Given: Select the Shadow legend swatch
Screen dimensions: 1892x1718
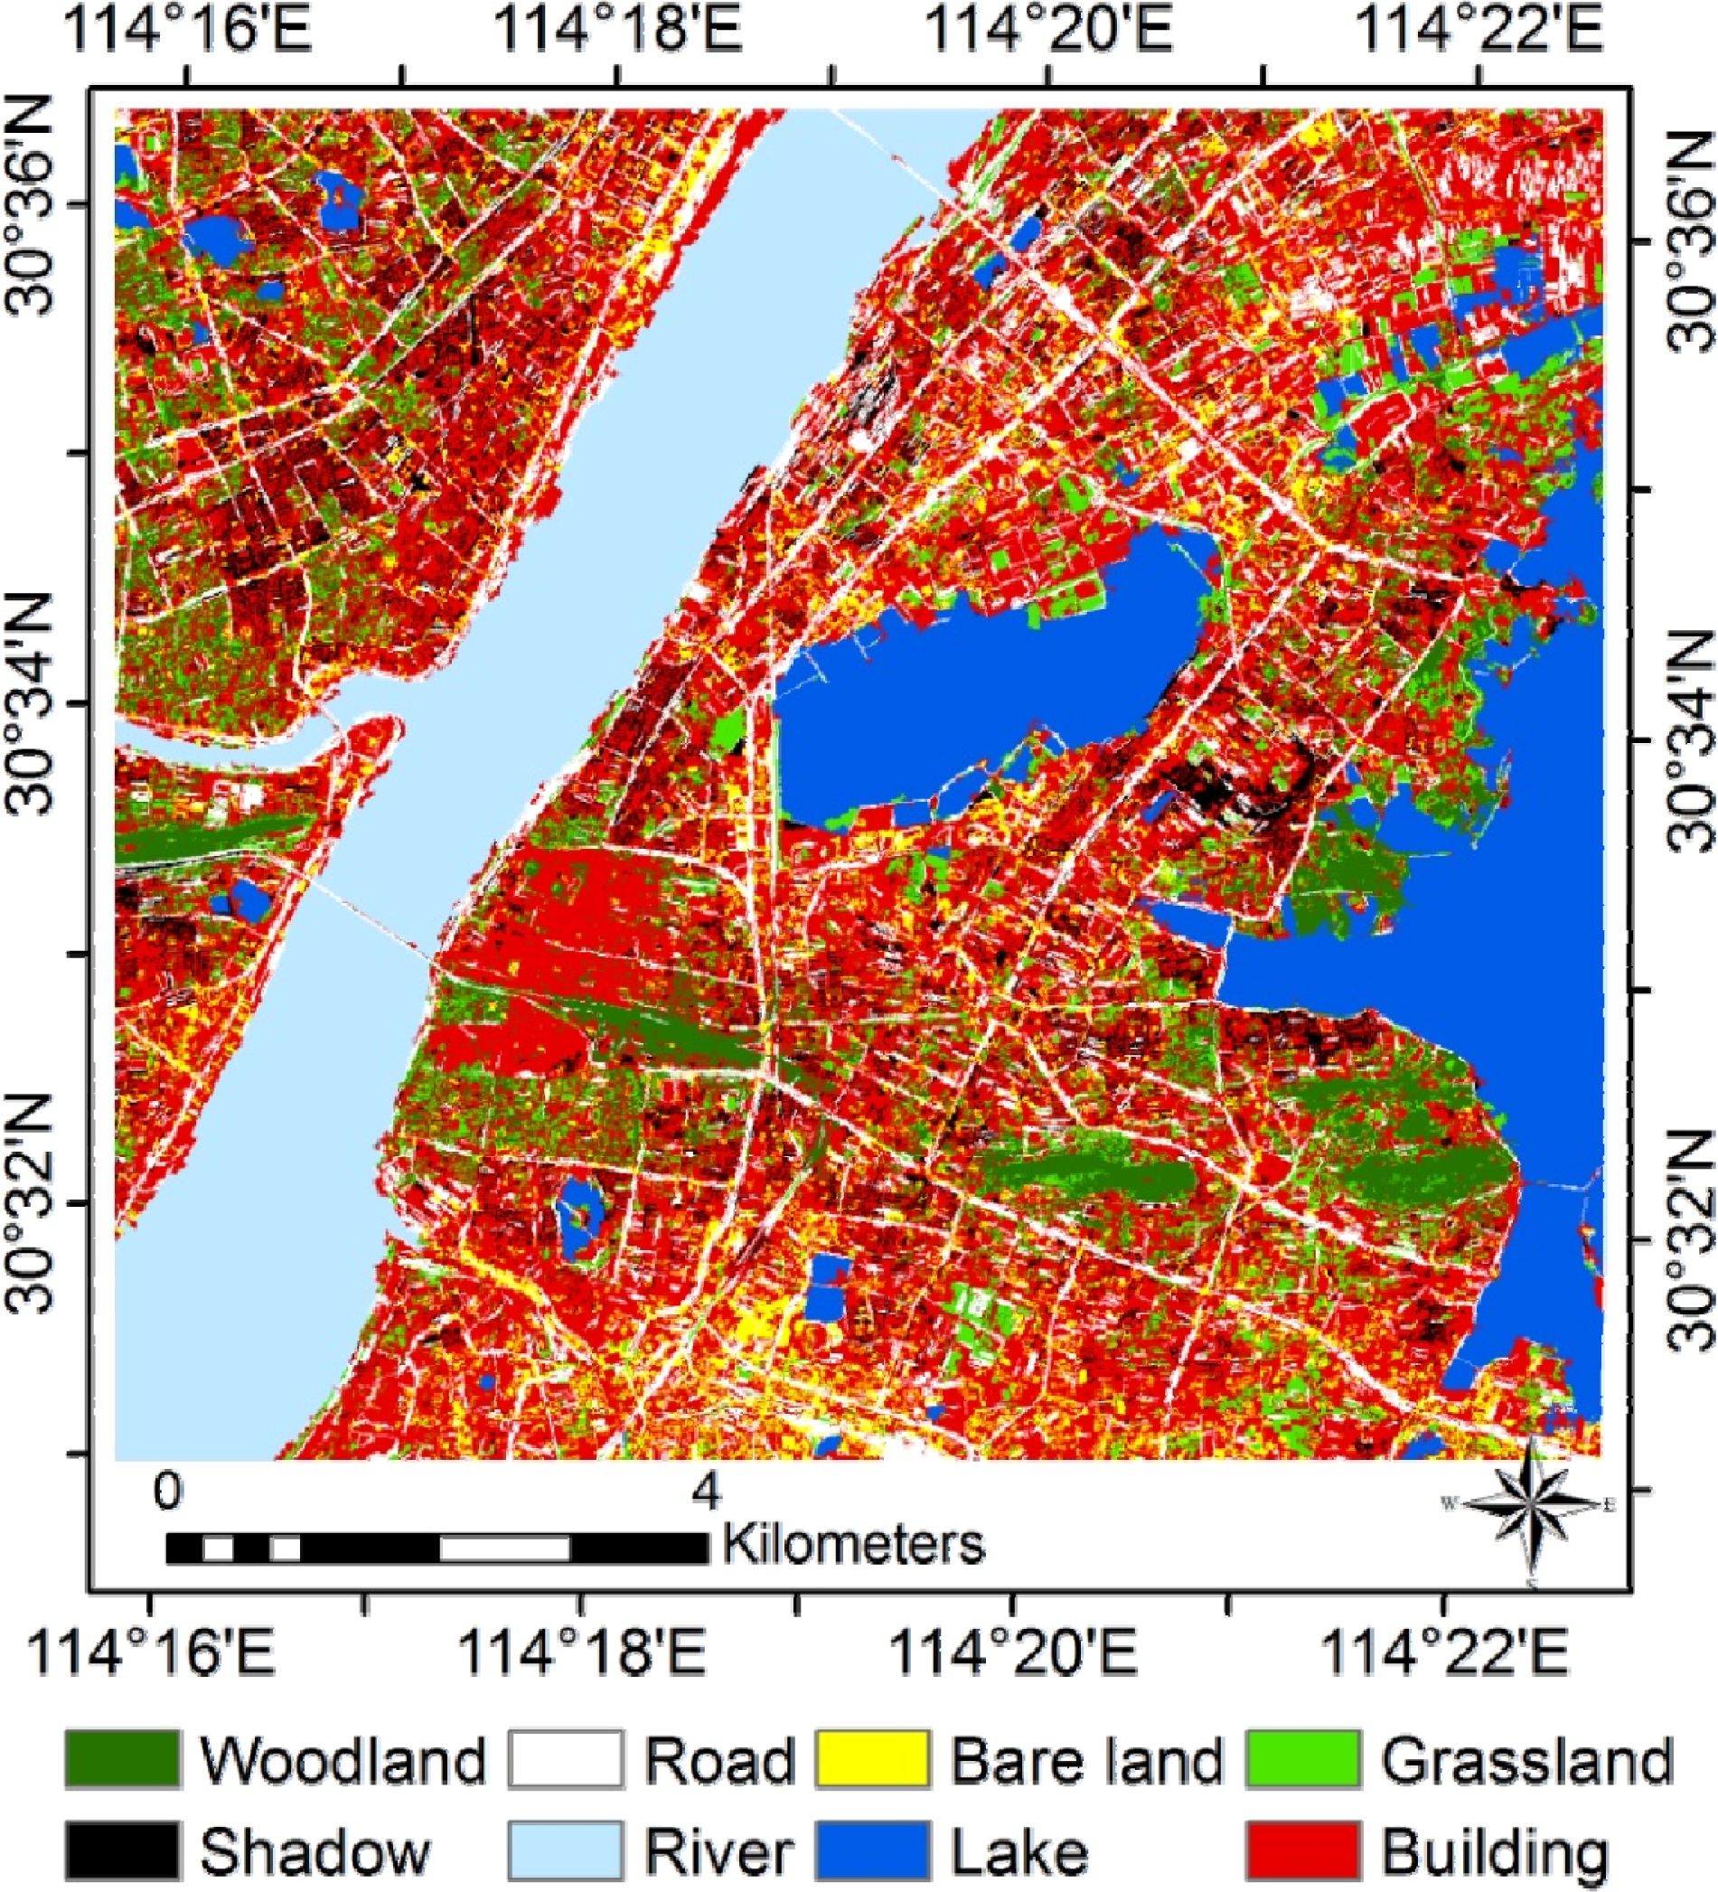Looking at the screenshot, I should point(122,1851).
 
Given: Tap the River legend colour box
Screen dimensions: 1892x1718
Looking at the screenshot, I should point(566,1851).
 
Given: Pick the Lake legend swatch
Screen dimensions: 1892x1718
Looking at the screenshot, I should point(873,1851).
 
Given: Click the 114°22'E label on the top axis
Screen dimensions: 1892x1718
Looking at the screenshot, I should point(1480,31).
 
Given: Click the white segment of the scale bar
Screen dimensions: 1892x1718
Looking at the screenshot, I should point(505,1548).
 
